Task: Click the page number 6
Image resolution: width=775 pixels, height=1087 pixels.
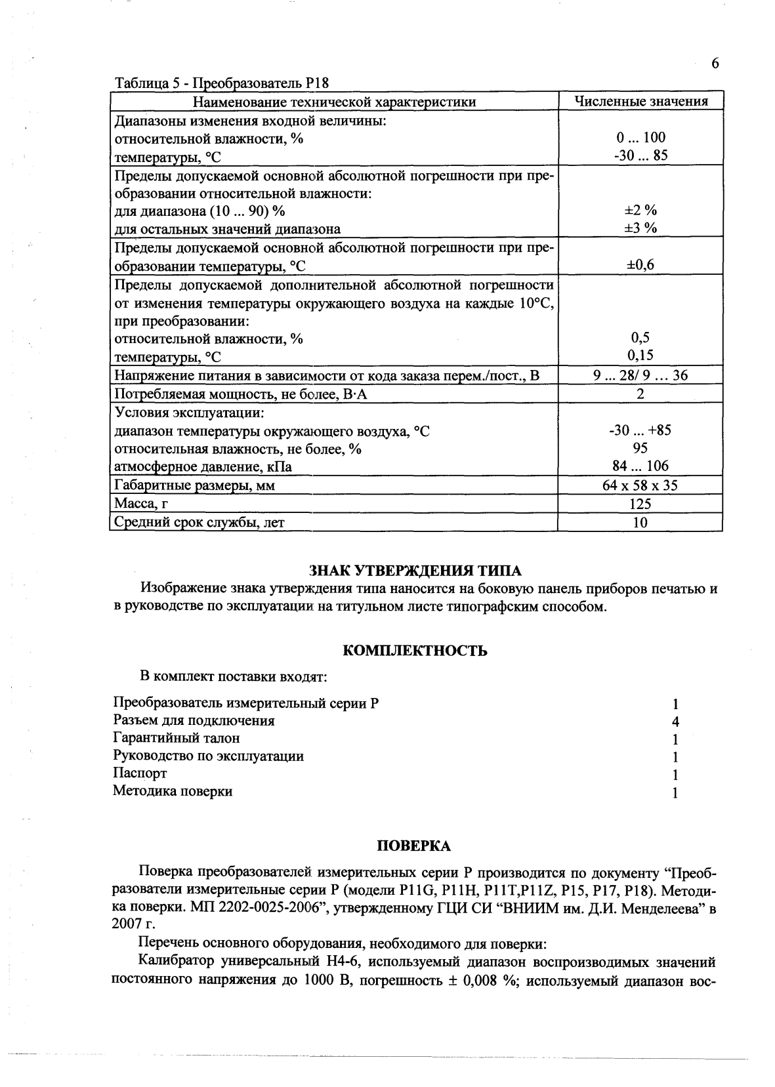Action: click(715, 64)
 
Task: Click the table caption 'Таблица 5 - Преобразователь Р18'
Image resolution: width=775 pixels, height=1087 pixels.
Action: click(221, 84)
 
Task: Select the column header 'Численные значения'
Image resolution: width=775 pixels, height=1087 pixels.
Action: click(640, 101)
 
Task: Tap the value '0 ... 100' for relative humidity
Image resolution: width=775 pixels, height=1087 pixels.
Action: click(640, 137)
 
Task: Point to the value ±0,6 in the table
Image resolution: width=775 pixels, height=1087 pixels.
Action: click(640, 265)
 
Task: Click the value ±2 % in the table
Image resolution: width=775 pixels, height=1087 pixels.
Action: click(640, 210)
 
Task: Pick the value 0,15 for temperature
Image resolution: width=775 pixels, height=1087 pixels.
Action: click(640, 355)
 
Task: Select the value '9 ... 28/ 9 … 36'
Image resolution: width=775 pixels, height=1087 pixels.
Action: click(640, 375)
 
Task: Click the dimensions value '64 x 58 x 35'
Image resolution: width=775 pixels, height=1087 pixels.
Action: click(640, 485)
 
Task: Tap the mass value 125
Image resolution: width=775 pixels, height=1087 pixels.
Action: click(640, 504)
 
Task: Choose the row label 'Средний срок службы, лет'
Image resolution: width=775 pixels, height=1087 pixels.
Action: click(199, 522)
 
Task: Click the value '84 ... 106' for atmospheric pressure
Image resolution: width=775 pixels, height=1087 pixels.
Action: click(640, 466)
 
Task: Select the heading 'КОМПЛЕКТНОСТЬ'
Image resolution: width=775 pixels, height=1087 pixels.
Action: click(415, 651)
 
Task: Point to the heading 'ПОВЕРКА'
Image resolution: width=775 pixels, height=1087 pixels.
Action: click(414, 846)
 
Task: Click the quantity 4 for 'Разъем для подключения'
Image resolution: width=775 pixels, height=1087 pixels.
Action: click(675, 722)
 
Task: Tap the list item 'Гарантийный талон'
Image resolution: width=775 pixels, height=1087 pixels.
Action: click(177, 738)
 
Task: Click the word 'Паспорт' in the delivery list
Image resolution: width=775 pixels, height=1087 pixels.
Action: click(140, 773)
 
